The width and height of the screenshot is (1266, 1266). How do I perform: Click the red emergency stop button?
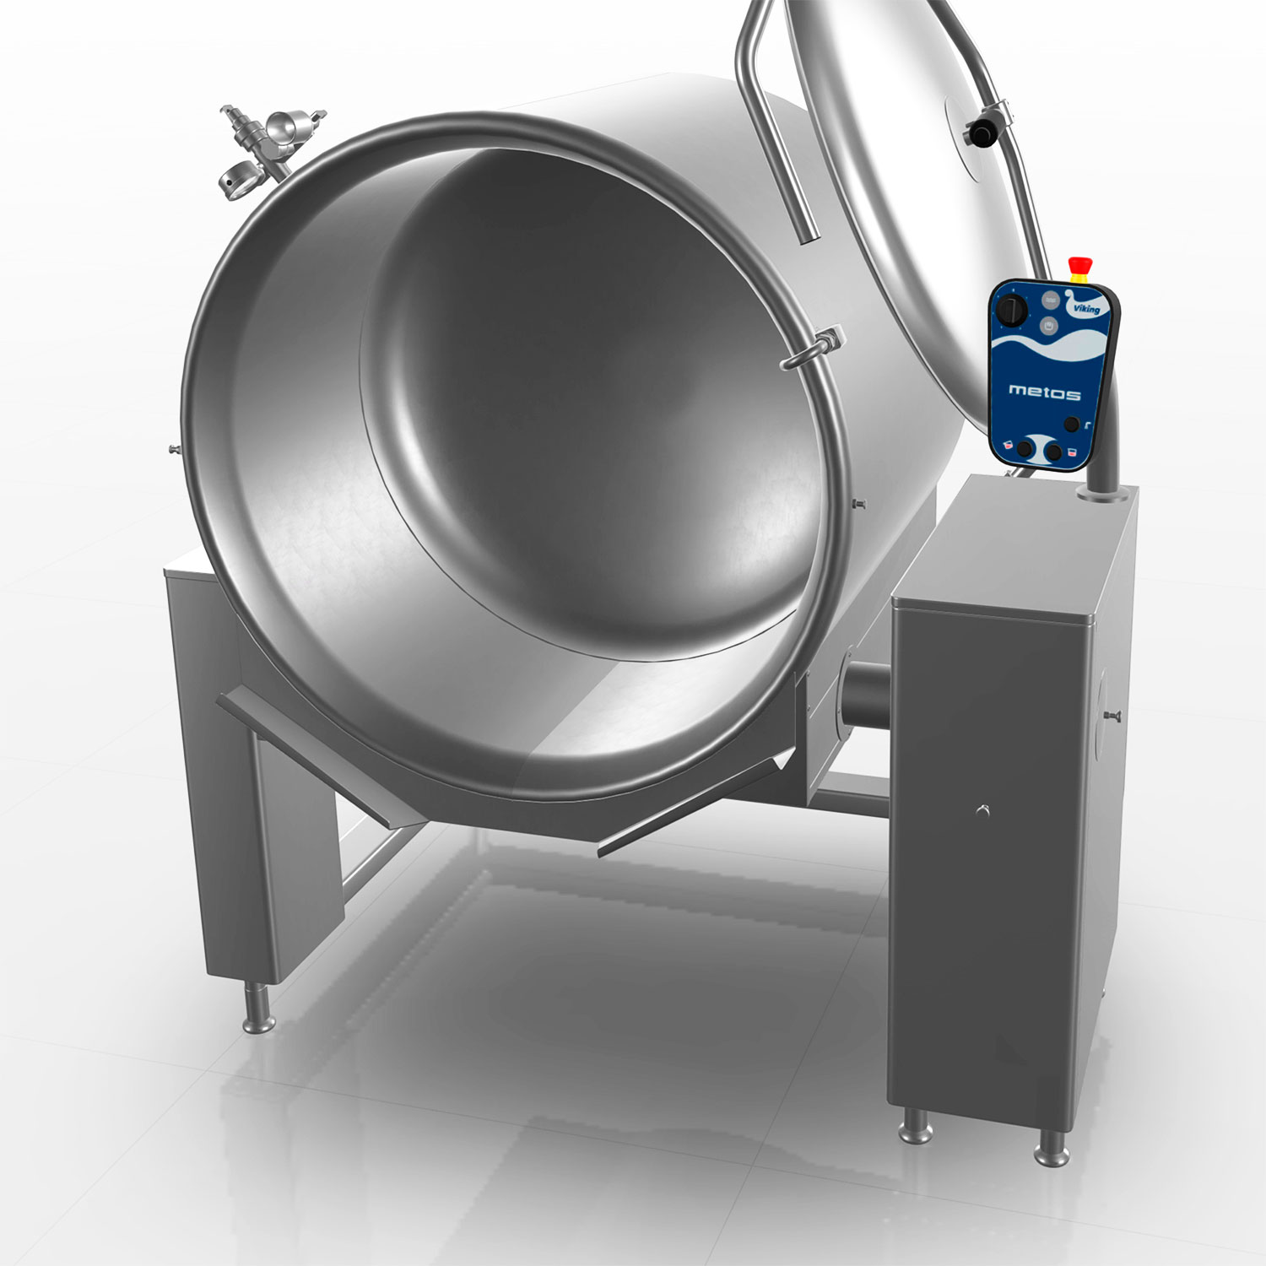pos(1078,268)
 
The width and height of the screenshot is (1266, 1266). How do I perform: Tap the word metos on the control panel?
pos(1044,392)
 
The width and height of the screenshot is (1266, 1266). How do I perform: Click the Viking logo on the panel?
pos(1084,305)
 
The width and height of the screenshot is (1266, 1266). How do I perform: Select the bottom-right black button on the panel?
pos(1052,452)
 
